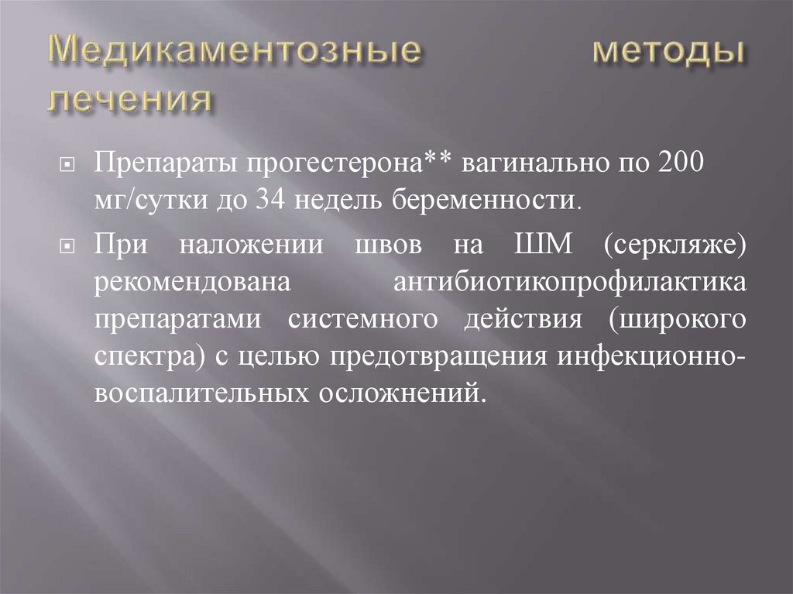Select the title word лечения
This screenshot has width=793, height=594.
click(130, 100)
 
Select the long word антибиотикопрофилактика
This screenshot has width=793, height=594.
click(570, 282)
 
